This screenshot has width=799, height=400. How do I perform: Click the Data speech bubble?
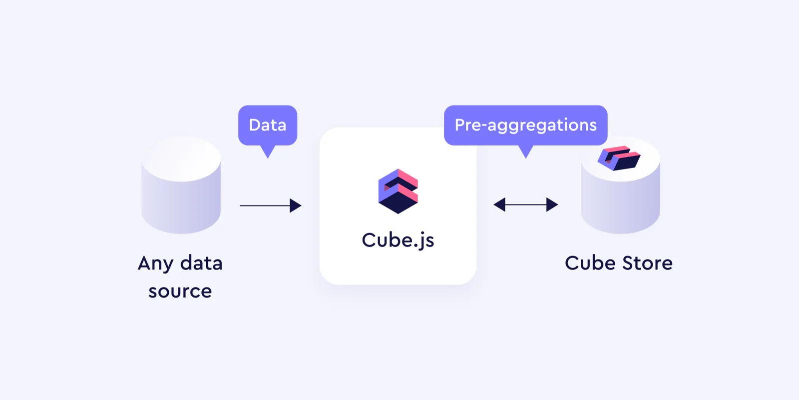[268, 125]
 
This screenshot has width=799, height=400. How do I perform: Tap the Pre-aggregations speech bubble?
[525, 125]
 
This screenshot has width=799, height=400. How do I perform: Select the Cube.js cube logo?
[398, 191]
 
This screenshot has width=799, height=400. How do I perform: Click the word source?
[180, 291]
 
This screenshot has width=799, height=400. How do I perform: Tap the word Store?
[647, 263]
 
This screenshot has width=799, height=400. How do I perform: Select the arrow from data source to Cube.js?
[270, 205]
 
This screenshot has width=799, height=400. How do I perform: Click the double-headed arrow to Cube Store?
[525, 204]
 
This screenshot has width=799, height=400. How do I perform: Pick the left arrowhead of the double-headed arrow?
[499, 204]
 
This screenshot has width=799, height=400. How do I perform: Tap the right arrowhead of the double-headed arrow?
[552, 204]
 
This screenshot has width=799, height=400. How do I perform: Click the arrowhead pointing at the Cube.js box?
[295, 205]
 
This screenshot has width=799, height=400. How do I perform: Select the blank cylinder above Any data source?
[181, 185]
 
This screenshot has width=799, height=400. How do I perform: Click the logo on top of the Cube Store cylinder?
[619, 158]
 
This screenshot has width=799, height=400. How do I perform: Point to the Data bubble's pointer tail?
[268, 151]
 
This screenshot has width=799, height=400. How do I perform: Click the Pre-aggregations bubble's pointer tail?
[525, 151]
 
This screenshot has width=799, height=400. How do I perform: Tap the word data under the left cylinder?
[201, 263]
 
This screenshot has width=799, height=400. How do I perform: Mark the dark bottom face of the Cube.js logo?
[398, 204]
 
